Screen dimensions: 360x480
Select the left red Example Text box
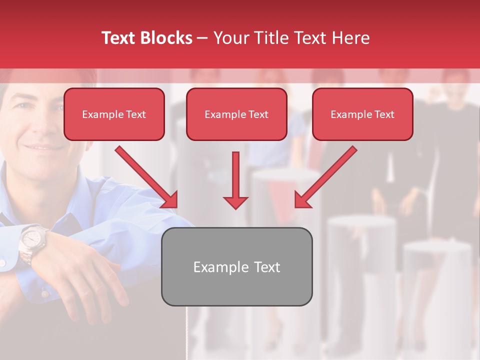point(114,114)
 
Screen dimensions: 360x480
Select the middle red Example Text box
point(236,114)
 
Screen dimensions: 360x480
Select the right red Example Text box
point(362,114)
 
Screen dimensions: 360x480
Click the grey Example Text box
point(236,266)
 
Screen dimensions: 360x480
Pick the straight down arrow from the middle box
point(235,180)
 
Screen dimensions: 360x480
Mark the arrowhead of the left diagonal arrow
point(170,200)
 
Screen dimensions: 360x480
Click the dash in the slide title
point(202,38)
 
